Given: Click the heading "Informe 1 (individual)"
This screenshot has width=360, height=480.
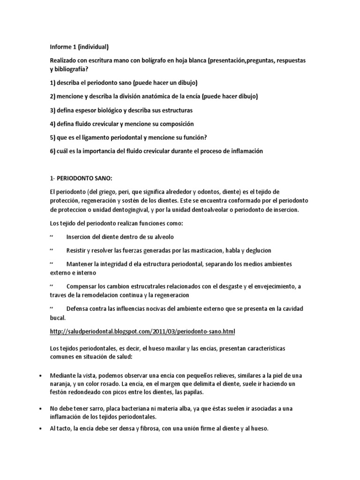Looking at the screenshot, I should (x=79, y=46).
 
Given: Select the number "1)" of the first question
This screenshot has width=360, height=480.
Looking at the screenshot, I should (x=52, y=83).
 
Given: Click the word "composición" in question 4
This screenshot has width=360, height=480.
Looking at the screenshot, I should (x=173, y=124).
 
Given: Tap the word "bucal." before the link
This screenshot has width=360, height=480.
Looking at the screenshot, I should (x=58, y=317).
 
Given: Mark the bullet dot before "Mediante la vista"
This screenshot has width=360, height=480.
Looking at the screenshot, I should (x=42, y=375).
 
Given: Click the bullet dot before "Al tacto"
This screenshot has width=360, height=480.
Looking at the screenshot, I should (x=42, y=428).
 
